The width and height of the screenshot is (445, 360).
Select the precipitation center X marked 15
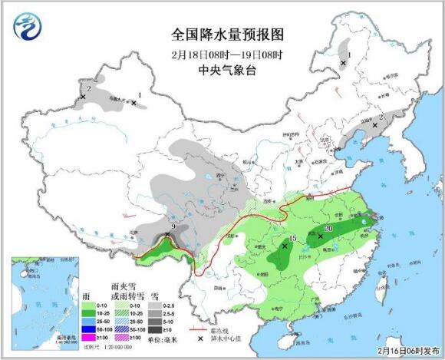(x=285, y=247)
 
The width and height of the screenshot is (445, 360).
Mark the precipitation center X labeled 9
(x=168, y=235)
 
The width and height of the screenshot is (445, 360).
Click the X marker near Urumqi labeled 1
(x=133, y=102)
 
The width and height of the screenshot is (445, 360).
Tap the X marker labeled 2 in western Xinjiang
(x=83, y=97)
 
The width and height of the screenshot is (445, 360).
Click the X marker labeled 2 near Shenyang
(x=374, y=126)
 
